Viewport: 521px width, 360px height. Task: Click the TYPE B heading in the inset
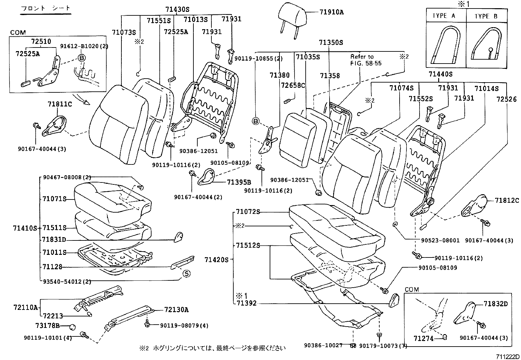click(486, 16)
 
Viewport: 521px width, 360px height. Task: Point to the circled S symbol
click(186, 274)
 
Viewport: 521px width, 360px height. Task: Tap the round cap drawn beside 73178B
click(73, 327)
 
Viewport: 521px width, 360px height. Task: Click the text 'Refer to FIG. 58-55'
click(366, 60)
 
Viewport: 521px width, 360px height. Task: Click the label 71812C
click(507, 200)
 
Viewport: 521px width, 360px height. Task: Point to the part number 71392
click(246, 303)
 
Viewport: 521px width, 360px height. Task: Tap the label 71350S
click(331, 43)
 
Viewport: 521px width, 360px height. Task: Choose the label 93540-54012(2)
click(67, 281)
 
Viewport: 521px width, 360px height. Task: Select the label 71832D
click(495, 304)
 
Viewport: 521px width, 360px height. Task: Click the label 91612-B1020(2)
click(84, 46)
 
